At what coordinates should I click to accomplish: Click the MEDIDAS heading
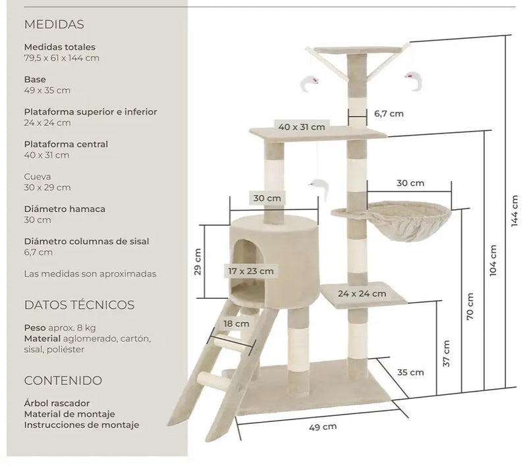[54, 24]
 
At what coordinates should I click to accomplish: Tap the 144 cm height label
[514, 211]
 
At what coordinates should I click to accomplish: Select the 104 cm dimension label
[493, 261]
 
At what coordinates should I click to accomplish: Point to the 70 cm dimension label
[470, 306]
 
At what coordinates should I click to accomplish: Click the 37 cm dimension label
[447, 353]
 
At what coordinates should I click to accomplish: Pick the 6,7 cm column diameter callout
[389, 113]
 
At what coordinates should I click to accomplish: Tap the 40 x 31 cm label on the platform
[302, 127]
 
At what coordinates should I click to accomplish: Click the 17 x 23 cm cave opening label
[251, 271]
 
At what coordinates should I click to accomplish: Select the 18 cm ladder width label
[236, 324]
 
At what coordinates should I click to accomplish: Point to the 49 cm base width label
[323, 427]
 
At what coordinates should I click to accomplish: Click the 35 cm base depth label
[410, 373]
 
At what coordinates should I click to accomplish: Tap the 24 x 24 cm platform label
[362, 294]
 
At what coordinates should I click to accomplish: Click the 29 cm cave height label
[198, 261]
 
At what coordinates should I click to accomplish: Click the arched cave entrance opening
[249, 269]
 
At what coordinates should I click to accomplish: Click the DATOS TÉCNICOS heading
[79, 305]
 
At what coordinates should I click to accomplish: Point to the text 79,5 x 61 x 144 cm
[61, 58]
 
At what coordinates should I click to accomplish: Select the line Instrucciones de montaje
[81, 425]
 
